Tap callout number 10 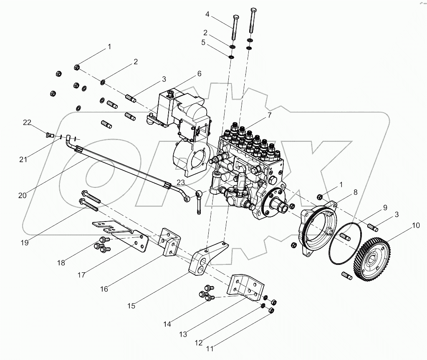[416, 226]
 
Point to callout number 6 [199, 73]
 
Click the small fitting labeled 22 [49, 134]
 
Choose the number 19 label [25, 242]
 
